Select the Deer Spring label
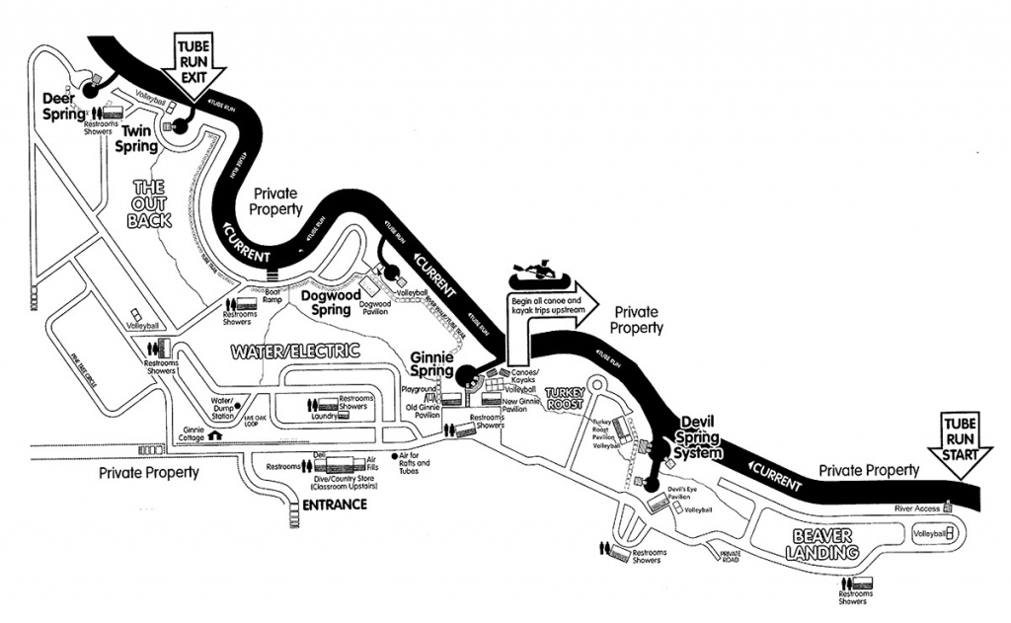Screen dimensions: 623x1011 (64, 106)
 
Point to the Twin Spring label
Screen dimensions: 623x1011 (137, 138)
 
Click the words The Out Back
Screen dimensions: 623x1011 (150, 203)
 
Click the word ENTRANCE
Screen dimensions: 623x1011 (330, 505)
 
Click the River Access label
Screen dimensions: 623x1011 (917, 507)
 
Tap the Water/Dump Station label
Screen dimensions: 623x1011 (222, 409)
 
